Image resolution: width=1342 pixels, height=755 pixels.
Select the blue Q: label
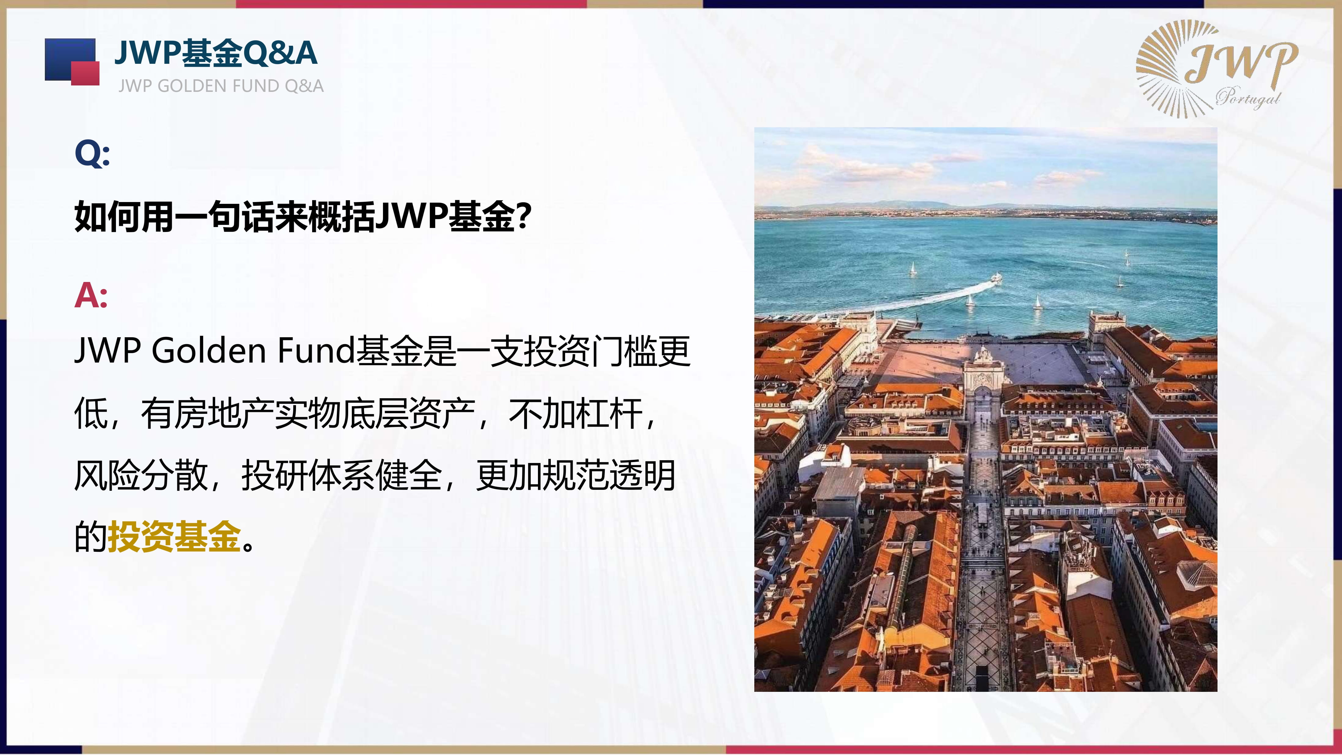92,154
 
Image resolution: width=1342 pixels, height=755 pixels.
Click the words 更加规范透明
576,475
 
